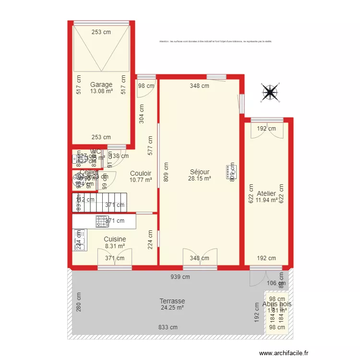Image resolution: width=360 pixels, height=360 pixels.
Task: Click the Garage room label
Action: [x=101, y=84]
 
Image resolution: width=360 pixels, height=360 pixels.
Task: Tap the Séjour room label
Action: [x=200, y=172]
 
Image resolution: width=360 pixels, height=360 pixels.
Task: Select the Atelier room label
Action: [x=266, y=193]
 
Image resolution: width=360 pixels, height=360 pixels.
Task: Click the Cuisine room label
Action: [x=115, y=239]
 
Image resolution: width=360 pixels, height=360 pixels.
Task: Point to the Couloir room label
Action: [x=141, y=173]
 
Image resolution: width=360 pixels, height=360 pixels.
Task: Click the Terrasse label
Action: [x=172, y=301]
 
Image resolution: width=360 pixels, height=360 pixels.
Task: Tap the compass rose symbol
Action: [x=270, y=93]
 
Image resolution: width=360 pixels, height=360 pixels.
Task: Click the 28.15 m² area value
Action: [x=200, y=179]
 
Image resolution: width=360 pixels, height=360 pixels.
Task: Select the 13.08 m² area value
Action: [x=101, y=91]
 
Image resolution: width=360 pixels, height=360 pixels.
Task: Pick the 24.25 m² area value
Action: [x=172, y=308]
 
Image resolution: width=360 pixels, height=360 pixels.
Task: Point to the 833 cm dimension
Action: [x=168, y=327]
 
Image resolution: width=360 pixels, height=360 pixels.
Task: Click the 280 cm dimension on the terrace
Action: [x=79, y=302]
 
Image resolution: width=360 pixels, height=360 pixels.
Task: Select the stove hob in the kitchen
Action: [x=102, y=221]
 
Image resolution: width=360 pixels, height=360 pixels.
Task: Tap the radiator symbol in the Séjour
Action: [x=229, y=172]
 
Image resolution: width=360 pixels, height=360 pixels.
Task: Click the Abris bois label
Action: [x=277, y=304]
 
